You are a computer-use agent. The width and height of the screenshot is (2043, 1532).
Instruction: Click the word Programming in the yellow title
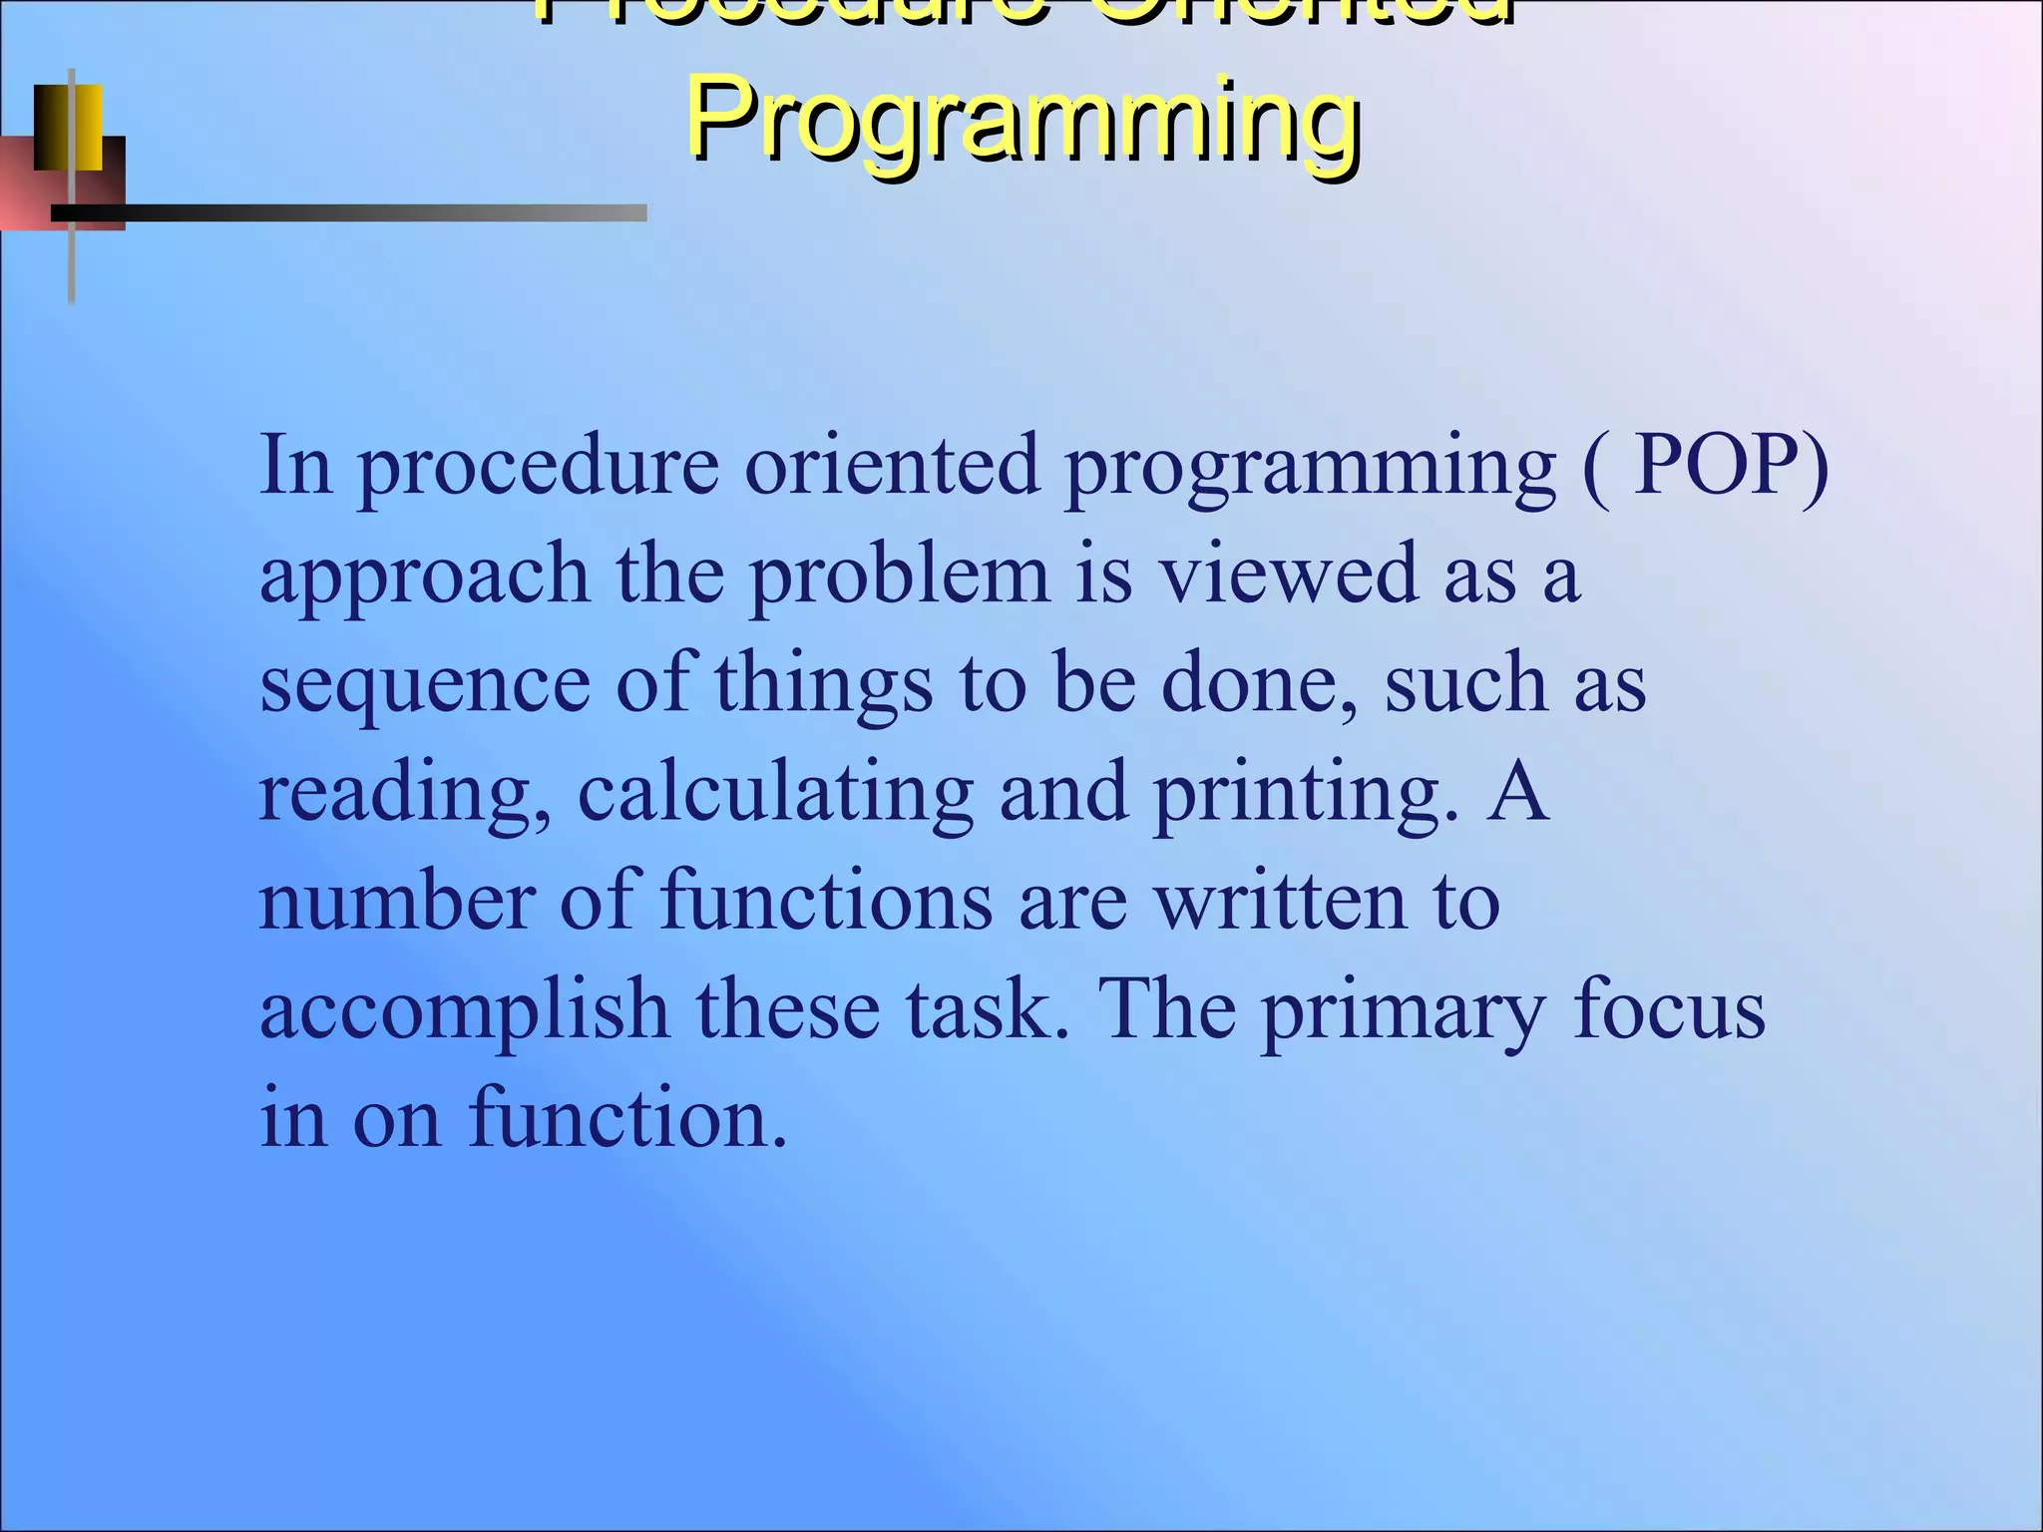pyautogui.click(x=1023, y=122)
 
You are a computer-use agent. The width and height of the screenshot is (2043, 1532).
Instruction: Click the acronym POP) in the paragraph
pyautogui.click(x=1732, y=465)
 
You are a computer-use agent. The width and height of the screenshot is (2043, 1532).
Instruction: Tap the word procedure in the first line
pyautogui.click(x=539, y=467)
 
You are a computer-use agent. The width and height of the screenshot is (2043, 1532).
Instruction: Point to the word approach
pyautogui.click(x=424, y=576)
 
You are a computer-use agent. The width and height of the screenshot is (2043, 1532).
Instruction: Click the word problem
pyautogui.click(x=899, y=574)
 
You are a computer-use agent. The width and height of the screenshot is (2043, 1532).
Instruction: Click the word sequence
pyautogui.click(x=424, y=686)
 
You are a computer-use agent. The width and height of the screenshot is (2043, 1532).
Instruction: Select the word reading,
pyautogui.click(x=404, y=795)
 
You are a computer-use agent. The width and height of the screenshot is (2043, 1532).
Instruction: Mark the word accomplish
pyautogui.click(x=464, y=1011)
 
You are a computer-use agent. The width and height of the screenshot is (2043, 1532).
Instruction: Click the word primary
pyautogui.click(x=1403, y=1011)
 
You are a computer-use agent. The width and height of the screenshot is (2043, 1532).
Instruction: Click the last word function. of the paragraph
pyautogui.click(x=628, y=1118)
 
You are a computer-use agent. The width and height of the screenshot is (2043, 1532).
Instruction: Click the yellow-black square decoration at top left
pyautogui.click(x=68, y=128)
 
